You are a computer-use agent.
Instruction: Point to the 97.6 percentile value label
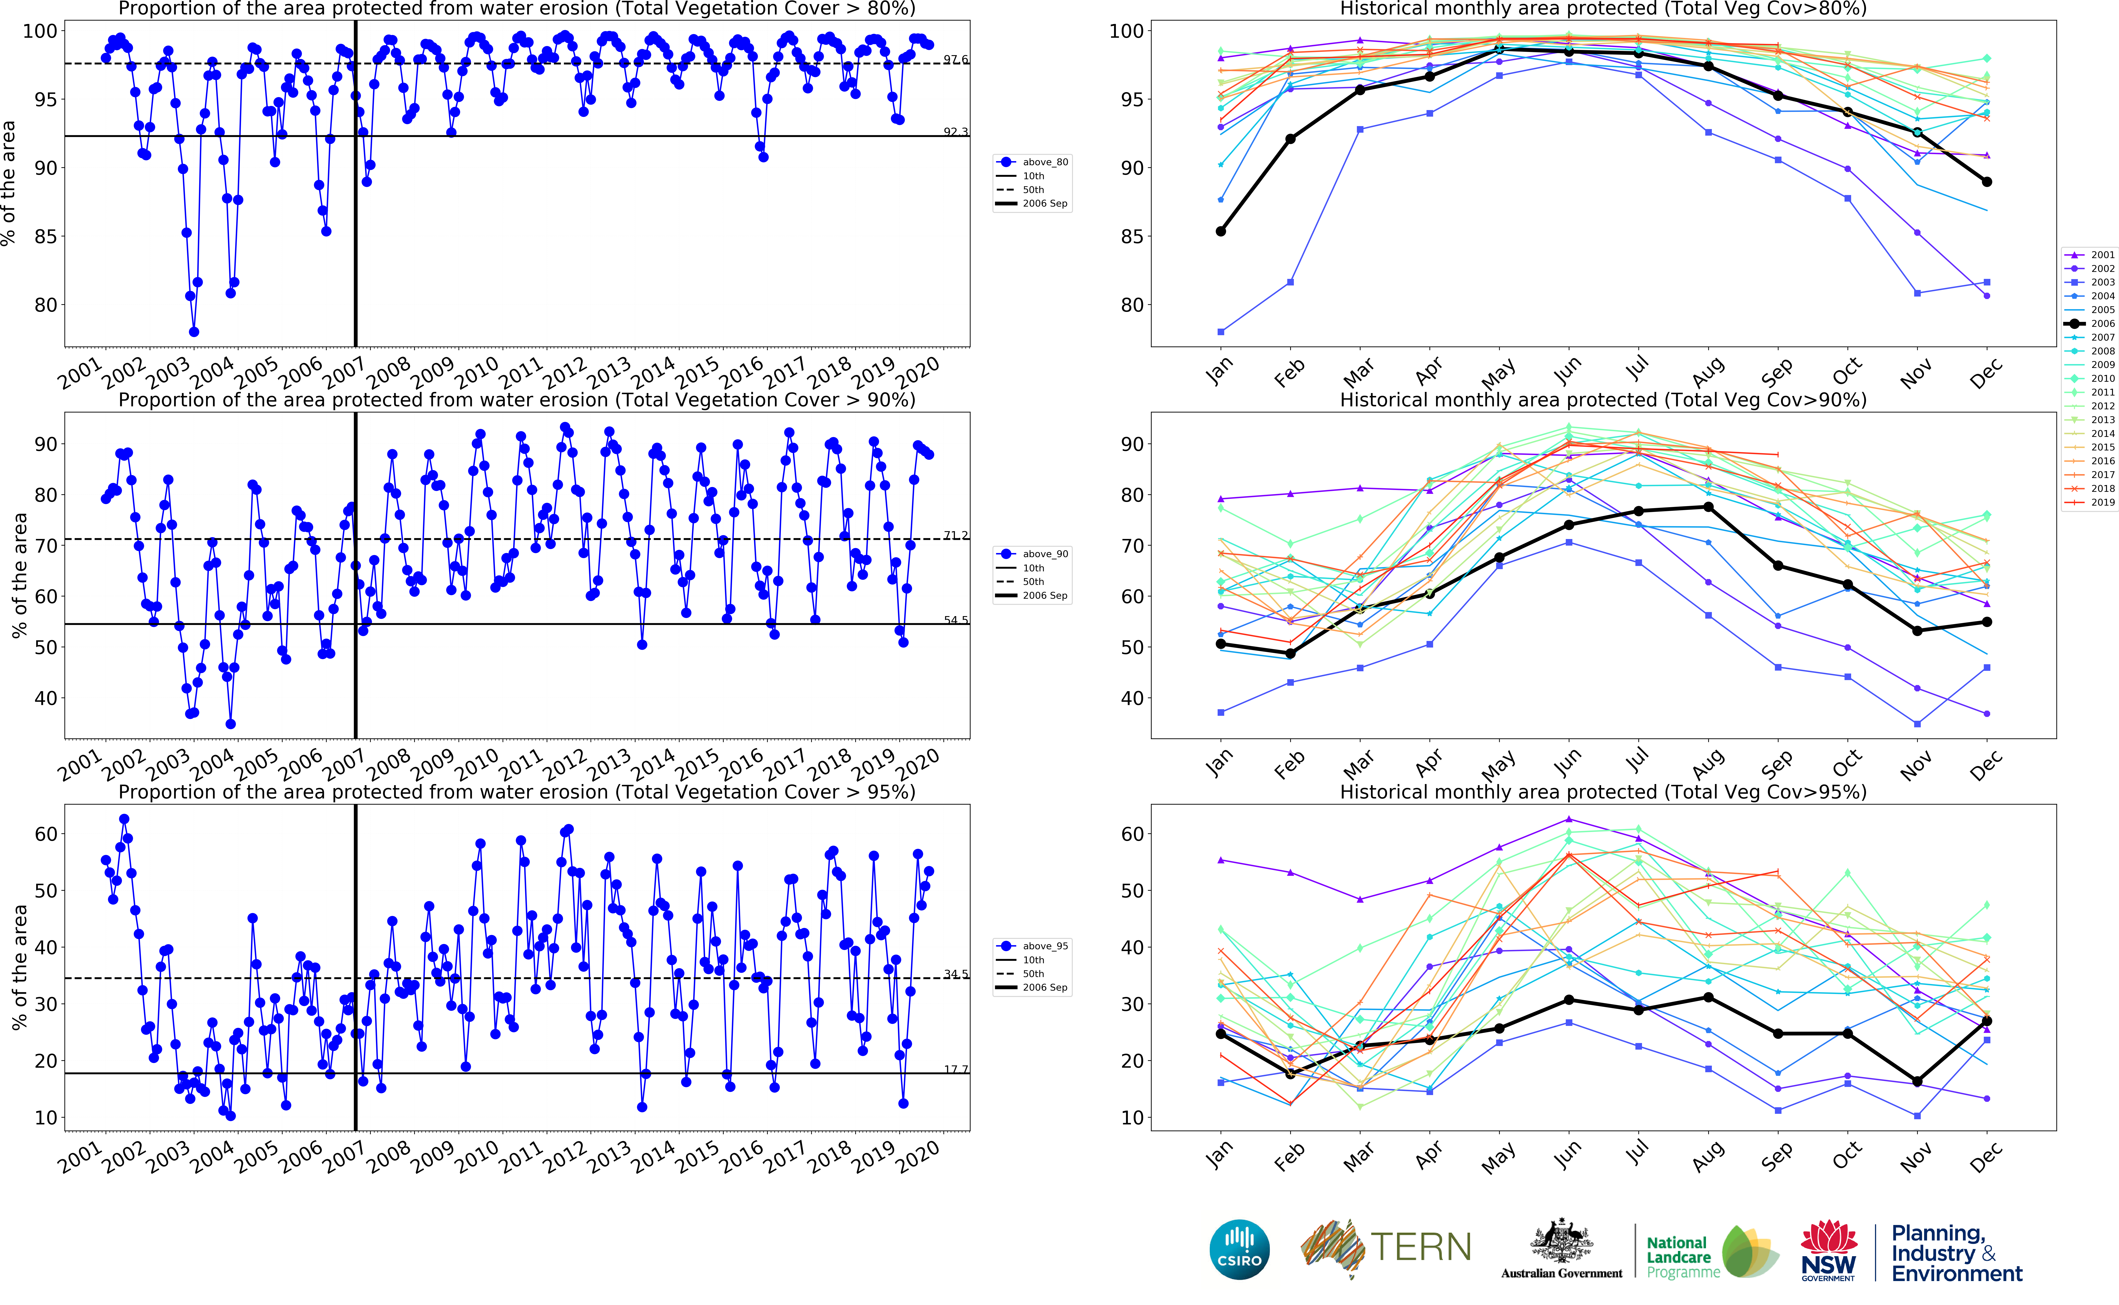(x=955, y=59)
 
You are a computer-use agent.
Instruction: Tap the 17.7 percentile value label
(x=955, y=1069)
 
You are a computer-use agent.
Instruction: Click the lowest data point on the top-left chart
(x=194, y=331)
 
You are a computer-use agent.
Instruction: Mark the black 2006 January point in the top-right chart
(x=1221, y=231)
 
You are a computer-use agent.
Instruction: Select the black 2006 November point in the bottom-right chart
(x=1917, y=1081)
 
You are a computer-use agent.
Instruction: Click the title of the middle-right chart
(x=1603, y=400)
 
